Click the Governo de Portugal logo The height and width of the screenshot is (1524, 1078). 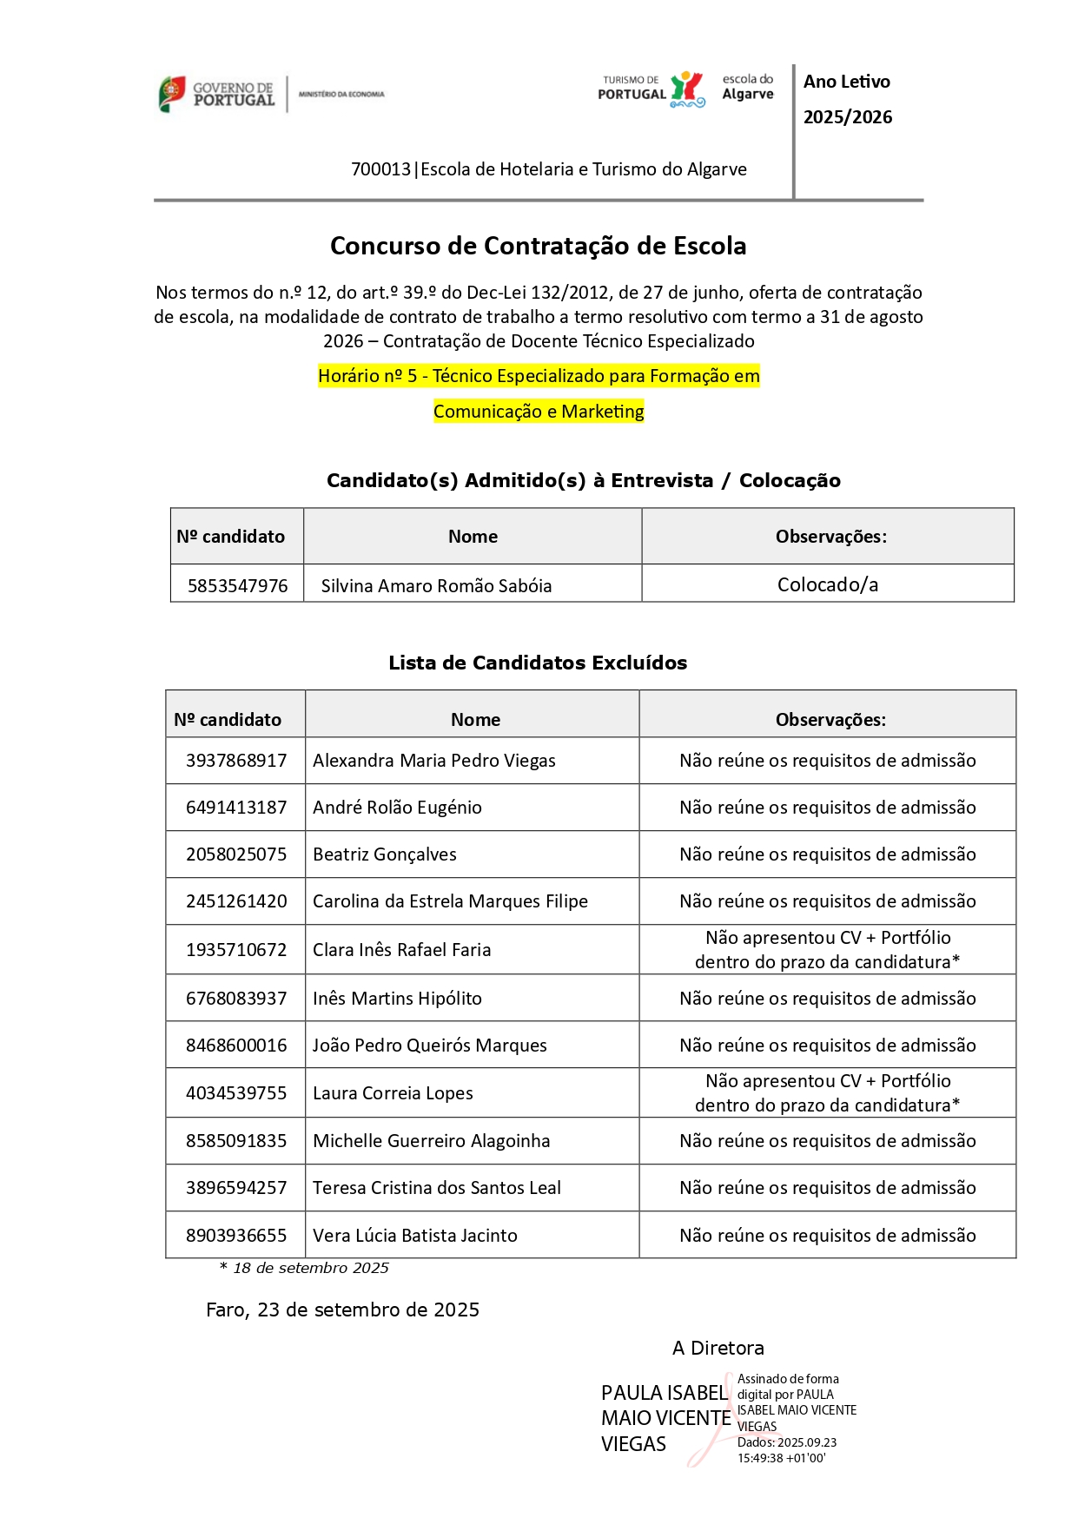pyautogui.click(x=216, y=94)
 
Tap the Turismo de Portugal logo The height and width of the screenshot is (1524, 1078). pyautogui.click(x=651, y=89)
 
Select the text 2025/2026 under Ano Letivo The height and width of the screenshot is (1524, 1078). pyautogui.click(x=847, y=117)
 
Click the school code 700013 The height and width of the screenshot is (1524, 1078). pyautogui.click(x=380, y=169)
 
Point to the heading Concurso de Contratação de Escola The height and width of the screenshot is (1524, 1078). pyautogui.click(x=538, y=246)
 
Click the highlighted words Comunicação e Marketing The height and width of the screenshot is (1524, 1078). pyautogui.click(x=539, y=412)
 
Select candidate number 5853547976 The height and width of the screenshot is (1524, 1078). pyautogui.click(x=237, y=586)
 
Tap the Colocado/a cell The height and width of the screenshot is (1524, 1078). pyautogui.click(x=827, y=585)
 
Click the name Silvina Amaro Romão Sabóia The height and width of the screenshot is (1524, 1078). pyautogui.click(x=436, y=586)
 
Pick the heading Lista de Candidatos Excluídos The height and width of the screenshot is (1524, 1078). pyautogui.click(x=538, y=663)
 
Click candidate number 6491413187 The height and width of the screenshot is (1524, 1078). pyautogui.click(x=236, y=808)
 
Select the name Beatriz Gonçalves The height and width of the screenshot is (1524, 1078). pyautogui.click(x=385, y=854)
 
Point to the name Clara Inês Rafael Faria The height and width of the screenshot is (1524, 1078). pyautogui.click(x=402, y=950)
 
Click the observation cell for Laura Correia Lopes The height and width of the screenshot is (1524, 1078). pyautogui.click(x=827, y=1093)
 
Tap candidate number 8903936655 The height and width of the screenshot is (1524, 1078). pyautogui.click(x=236, y=1236)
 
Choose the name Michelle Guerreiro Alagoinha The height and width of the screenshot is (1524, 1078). pyautogui.click(x=432, y=1141)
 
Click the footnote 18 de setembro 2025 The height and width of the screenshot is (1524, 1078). pyautogui.click(x=310, y=1269)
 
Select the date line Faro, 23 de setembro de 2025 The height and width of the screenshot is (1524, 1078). pyautogui.click(x=342, y=1310)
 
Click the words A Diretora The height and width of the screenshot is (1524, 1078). pyautogui.click(x=718, y=1349)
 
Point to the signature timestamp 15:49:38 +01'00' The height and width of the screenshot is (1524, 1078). pyautogui.click(x=781, y=1459)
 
